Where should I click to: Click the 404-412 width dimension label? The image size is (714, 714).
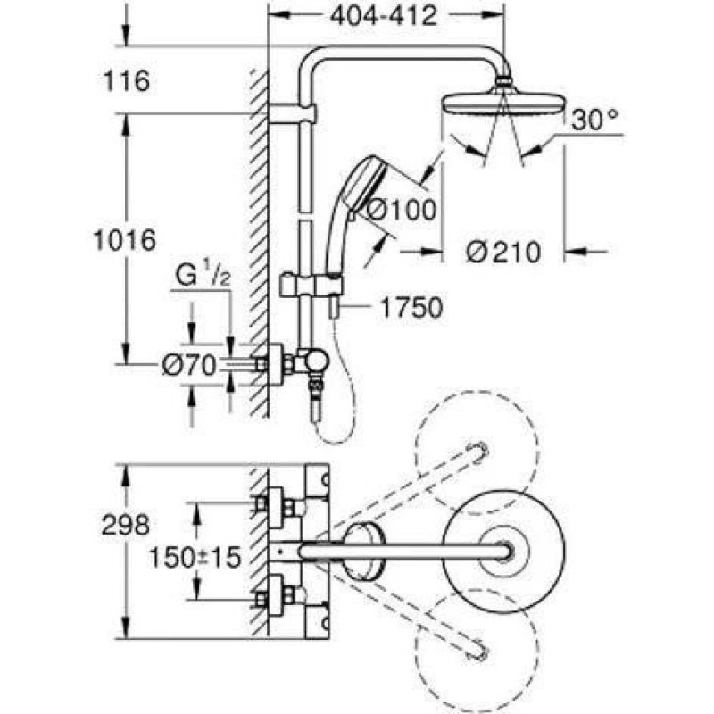[x=384, y=17]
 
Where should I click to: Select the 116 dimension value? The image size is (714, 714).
[x=127, y=81]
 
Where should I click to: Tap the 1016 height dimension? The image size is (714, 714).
[x=125, y=240]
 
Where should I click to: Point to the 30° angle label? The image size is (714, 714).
[x=594, y=120]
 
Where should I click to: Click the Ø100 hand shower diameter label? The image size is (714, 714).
[x=402, y=210]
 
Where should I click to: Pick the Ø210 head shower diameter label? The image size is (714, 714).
[x=503, y=252]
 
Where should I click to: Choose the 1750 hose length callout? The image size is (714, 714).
[x=411, y=307]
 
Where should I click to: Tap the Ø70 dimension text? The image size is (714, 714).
[x=189, y=365]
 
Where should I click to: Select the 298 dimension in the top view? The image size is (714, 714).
[x=125, y=525]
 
